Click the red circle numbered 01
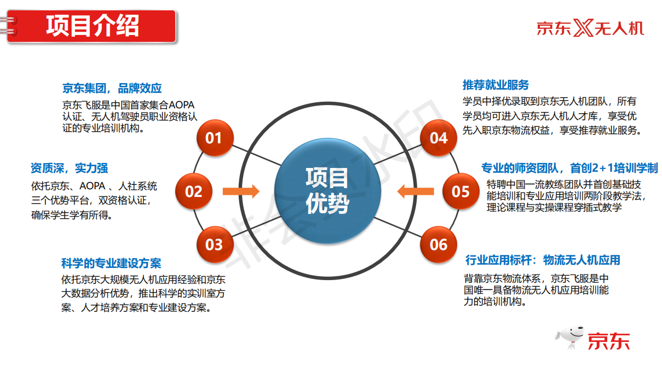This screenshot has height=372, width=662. (x=215, y=138)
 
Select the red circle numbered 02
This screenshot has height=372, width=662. (x=194, y=191)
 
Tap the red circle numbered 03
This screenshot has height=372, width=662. (x=215, y=245)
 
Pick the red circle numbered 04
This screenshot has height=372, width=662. (x=439, y=138)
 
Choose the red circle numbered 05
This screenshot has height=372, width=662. (x=460, y=191)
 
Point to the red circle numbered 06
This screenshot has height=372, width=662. (x=439, y=245)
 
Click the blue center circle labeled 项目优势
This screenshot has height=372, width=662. (x=327, y=191)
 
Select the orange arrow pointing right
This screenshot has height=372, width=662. (x=241, y=191)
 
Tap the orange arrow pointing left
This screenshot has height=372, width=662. (x=416, y=191)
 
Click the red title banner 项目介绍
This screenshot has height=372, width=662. (x=91, y=26)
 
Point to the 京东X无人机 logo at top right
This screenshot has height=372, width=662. (x=590, y=28)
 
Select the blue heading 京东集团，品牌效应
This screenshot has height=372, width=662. (x=112, y=88)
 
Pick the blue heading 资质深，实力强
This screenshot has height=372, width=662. (x=70, y=168)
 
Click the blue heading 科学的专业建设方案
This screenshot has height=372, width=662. (x=111, y=263)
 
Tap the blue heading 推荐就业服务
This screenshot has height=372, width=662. (x=496, y=85)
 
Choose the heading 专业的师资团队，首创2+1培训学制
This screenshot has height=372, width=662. (x=569, y=168)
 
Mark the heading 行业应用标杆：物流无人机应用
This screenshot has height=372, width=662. (x=543, y=260)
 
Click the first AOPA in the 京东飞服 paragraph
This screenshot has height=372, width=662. (x=181, y=105)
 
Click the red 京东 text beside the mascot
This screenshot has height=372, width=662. (x=609, y=341)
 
